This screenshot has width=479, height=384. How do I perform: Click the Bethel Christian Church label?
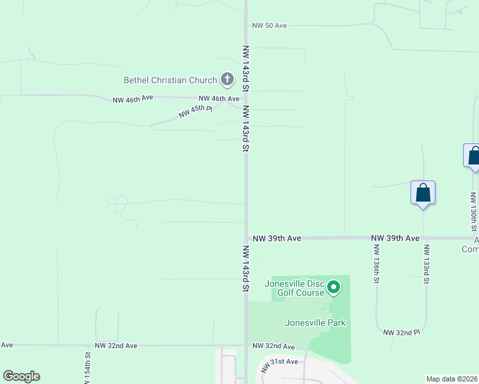[x=170, y=80]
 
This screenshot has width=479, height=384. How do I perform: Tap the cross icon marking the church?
[x=227, y=80]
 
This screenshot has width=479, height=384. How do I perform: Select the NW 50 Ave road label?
[x=269, y=26]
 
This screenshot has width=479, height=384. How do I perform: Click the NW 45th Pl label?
[x=195, y=111]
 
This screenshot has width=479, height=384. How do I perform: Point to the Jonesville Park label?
[x=315, y=323]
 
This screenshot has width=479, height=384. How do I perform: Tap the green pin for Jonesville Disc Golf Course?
[x=334, y=287]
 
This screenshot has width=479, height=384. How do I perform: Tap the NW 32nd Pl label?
[x=402, y=333]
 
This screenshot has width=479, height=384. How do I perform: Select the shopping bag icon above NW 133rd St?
[x=423, y=192]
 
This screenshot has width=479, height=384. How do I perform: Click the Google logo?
[x=21, y=376]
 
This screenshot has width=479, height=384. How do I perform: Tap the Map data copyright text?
[x=452, y=379]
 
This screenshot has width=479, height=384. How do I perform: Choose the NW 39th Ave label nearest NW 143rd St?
[x=277, y=238]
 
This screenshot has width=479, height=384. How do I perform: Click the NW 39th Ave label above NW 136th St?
[x=395, y=238]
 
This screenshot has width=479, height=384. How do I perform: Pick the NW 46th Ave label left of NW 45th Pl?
[x=133, y=99]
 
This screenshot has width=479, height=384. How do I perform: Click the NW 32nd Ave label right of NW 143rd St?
[x=273, y=346]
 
